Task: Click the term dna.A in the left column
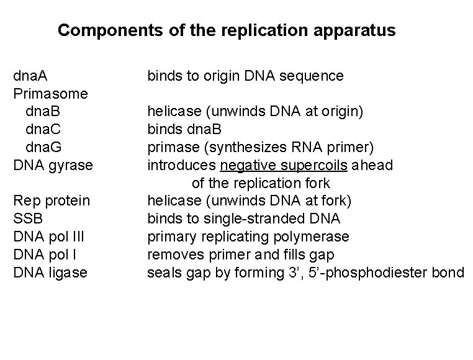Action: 32,76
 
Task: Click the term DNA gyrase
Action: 53,166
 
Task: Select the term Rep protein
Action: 52,201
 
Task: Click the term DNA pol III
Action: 49,237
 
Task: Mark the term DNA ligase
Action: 50,273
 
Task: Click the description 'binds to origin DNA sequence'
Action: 245,76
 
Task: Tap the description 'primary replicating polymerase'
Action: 248,237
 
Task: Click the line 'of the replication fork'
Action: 261,184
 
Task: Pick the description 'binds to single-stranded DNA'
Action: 243,219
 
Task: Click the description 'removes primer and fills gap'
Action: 241,255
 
